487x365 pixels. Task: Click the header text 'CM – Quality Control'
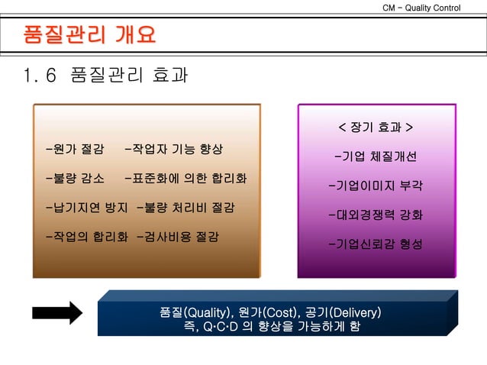pos(421,8)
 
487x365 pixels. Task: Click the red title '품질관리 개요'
pos(90,35)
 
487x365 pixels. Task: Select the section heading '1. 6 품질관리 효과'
pos(106,76)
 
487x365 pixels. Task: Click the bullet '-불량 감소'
pos(75,179)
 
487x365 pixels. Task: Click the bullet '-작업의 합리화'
pos(86,236)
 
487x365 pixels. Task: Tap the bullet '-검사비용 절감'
pos(177,236)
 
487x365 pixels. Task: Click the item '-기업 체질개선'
pos(375,157)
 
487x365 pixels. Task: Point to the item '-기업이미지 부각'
pos(375,186)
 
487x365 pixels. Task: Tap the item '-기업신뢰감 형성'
pos(375,244)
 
